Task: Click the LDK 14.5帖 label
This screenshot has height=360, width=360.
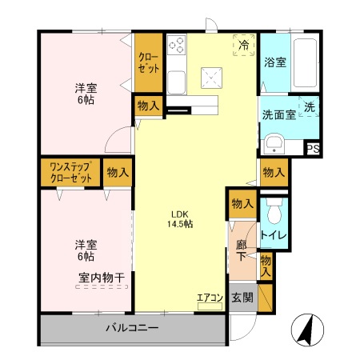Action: [180, 218]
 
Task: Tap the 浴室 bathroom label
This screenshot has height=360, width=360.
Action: [276, 62]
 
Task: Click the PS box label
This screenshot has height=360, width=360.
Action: [314, 149]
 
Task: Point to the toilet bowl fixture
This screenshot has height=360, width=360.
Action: [274, 214]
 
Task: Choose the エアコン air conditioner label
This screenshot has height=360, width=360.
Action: [210, 298]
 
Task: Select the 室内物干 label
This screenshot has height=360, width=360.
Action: [102, 278]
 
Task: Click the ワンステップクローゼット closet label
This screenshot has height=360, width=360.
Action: [70, 171]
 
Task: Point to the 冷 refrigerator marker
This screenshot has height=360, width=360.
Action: [243, 46]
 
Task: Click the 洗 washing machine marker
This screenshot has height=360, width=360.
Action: [310, 106]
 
